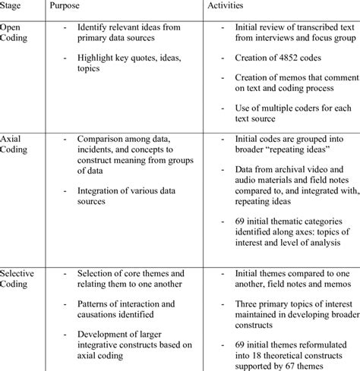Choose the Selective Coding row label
click(x=20, y=278)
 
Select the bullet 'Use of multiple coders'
click(x=281, y=112)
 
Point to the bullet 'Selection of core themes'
click(x=129, y=278)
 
